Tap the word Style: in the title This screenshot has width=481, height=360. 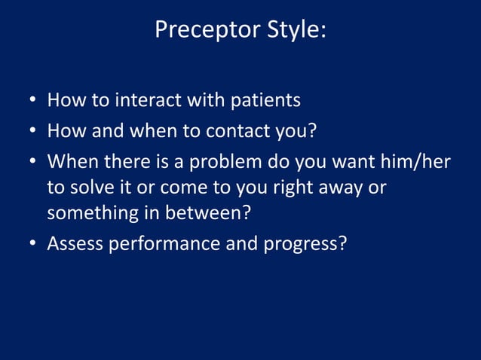(x=294, y=30)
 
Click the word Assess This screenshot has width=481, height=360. (x=75, y=245)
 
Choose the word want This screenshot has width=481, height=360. (x=354, y=163)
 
